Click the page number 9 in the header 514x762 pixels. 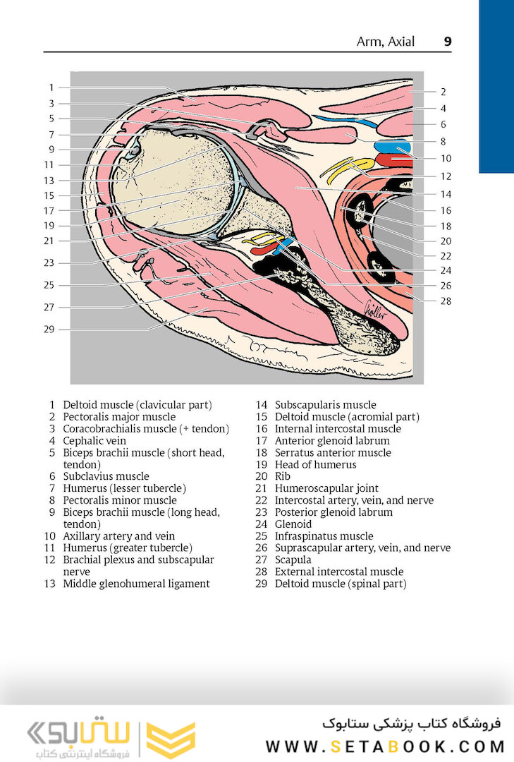coord(447,42)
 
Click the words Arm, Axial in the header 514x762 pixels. coord(386,42)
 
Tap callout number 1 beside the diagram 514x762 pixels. coord(51,87)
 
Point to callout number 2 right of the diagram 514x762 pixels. coord(443,92)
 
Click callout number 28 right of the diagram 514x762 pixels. coord(446,301)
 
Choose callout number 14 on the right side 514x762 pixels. coord(446,194)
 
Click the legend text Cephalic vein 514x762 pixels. coord(95,441)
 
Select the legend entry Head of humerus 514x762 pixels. coord(315,465)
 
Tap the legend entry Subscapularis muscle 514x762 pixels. coord(325,405)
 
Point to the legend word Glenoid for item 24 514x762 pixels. coord(293,524)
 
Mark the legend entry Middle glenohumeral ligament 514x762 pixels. coord(136,583)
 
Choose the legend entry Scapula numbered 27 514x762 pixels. coord(293,560)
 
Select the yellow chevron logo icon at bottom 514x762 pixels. coord(171,740)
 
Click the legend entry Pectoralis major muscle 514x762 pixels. coord(119,417)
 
